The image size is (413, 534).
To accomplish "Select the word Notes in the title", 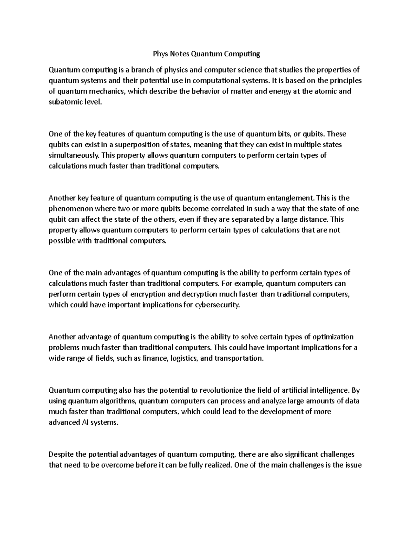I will (x=179, y=54).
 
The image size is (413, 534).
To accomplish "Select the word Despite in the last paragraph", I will (x=61, y=455).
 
